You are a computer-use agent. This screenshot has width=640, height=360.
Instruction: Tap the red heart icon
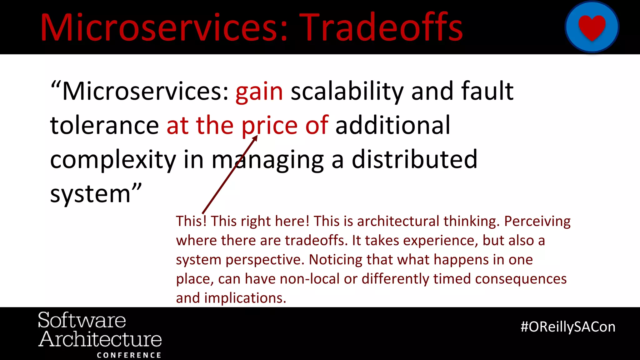point(592,27)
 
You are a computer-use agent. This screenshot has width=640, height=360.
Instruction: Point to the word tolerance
point(104,125)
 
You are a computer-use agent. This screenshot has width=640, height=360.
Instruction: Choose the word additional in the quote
point(393,125)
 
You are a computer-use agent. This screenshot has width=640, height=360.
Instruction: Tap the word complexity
point(113,160)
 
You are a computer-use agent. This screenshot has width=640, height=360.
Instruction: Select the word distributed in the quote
point(414,159)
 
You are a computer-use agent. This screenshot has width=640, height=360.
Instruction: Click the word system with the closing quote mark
point(95,194)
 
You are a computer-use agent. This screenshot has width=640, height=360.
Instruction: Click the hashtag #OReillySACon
point(568,327)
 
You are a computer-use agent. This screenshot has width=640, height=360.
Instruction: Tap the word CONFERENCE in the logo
point(129,355)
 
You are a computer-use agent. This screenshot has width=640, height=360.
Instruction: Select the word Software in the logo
point(82,320)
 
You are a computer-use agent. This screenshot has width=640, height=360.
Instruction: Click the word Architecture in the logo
point(100,339)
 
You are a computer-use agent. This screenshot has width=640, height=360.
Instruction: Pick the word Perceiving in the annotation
point(537,221)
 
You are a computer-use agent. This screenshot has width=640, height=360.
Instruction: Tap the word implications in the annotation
point(245,298)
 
